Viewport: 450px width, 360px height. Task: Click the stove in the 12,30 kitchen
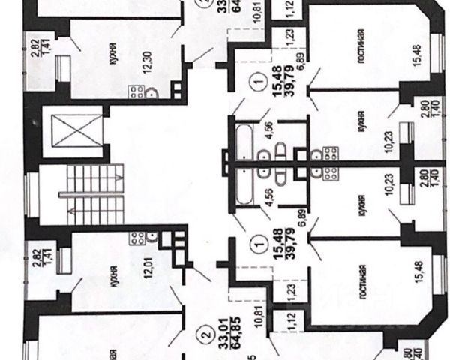[136, 94]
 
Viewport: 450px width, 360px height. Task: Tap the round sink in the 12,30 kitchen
[153, 94]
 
